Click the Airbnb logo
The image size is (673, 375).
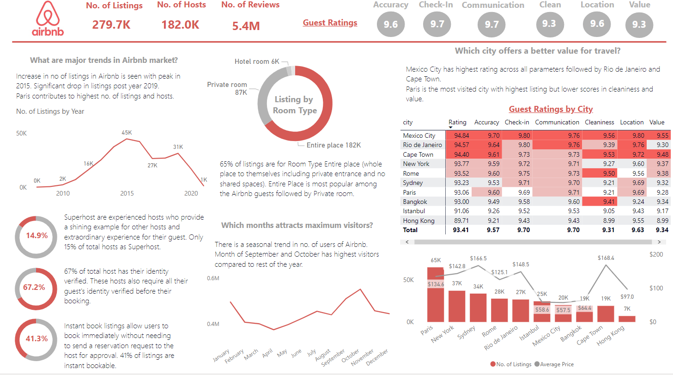[x=48, y=18]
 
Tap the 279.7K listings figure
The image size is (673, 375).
[x=111, y=25]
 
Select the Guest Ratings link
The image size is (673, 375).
[x=330, y=23]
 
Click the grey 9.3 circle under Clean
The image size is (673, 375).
[x=549, y=24]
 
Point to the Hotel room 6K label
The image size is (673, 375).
[x=257, y=61]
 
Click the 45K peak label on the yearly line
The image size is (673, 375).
[x=127, y=133]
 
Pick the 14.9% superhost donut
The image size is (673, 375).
[x=36, y=235]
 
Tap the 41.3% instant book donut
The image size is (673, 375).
[x=36, y=339]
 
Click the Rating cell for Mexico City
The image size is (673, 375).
[x=457, y=135]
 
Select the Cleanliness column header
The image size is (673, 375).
[x=599, y=123]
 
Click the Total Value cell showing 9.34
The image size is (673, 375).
[x=657, y=230]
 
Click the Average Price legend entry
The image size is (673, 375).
[x=554, y=364]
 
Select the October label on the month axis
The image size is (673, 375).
[x=351, y=357]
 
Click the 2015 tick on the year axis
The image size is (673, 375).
[x=127, y=193]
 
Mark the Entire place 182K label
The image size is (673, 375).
[x=333, y=145]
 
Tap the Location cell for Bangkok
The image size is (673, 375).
[x=632, y=202]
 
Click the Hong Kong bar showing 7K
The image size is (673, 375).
[x=627, y=319]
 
